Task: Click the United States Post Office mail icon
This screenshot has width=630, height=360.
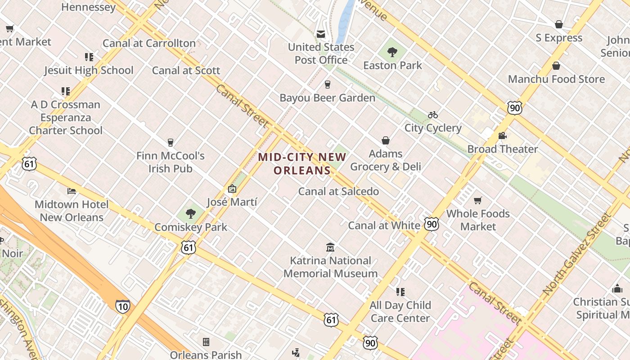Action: [321, 34]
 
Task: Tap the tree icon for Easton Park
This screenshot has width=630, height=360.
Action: [392, 52]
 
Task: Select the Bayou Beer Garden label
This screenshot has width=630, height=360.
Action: [327, 98]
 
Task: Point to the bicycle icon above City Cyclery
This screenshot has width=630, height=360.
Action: [433, 115]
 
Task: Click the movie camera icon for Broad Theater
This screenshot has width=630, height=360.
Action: [502, 136]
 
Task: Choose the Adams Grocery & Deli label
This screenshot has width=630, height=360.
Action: [386, 160]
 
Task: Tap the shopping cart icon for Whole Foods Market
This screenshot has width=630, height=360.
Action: [478, 200]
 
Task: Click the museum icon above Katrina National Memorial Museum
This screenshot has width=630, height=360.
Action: [331, 247]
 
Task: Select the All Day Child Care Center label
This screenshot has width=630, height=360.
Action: [400, 311]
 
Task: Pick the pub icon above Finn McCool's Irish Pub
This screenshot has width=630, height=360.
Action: [170, 143]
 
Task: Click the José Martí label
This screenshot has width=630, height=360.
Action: [232, 202]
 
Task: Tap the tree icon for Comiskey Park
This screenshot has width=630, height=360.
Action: [191, 213]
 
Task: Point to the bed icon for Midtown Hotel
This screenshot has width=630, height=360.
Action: [72, 191]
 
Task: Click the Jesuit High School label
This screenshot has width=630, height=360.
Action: [89, 70]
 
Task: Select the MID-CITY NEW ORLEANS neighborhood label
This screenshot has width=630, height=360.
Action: [302, 164]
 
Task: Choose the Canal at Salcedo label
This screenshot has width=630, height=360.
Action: [338, 191]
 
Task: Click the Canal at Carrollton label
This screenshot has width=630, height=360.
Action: [149, 43]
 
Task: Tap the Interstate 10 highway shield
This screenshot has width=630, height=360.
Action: [122, 306]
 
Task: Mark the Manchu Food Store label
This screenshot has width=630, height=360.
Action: [556, 79]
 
